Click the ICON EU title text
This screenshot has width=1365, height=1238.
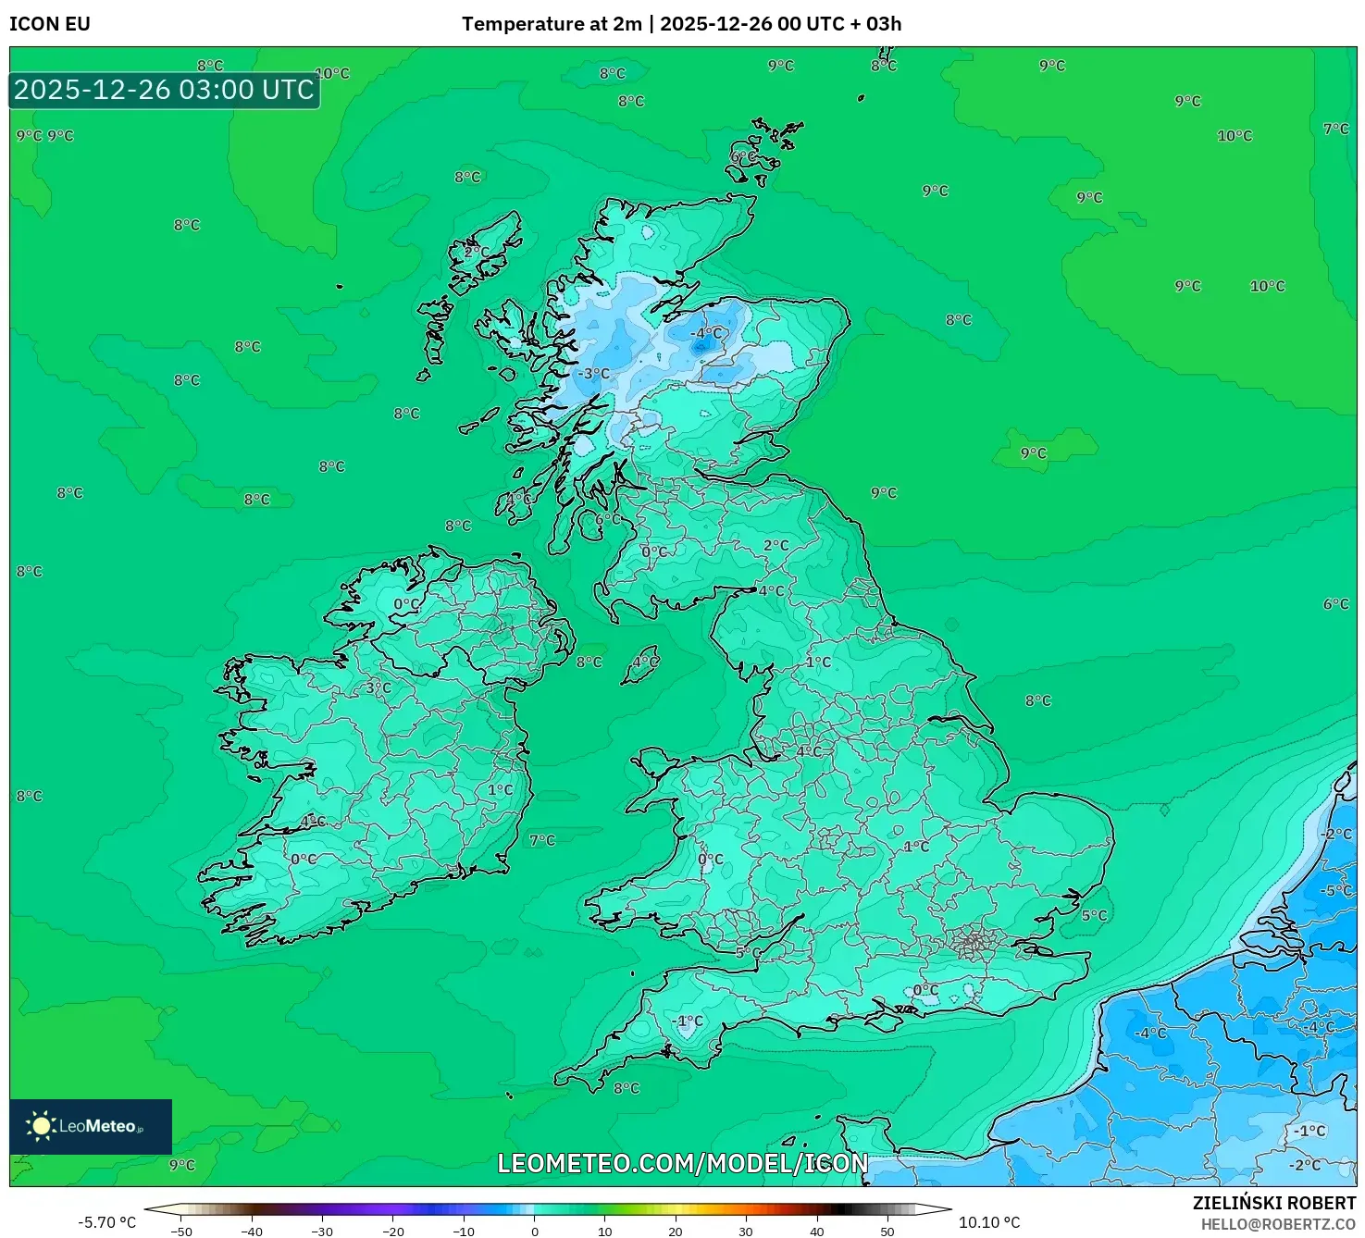50,24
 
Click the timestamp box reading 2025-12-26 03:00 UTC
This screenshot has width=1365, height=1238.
164,90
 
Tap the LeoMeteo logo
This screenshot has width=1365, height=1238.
90,1126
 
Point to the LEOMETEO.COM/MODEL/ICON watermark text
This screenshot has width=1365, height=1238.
683,1163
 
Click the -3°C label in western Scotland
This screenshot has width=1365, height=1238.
593,374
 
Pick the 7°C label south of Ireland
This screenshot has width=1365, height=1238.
542,840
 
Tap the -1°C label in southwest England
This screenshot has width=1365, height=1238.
689,1021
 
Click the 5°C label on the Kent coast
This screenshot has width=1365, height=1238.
1094,915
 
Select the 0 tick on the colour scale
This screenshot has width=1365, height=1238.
534,1231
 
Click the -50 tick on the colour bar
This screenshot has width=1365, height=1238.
181,1231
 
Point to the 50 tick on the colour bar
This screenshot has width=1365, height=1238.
887,1231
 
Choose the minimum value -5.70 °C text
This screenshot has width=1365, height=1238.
106,1222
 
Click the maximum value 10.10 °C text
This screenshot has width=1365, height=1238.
989,1222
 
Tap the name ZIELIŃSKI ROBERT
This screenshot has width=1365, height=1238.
1273,1203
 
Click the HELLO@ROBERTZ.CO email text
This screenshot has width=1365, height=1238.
1278,1224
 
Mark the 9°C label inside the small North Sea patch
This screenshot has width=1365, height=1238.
1034,453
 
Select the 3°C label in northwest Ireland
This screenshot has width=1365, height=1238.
378,687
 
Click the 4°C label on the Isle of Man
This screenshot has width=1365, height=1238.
645,662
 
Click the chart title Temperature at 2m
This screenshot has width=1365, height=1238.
552,24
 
